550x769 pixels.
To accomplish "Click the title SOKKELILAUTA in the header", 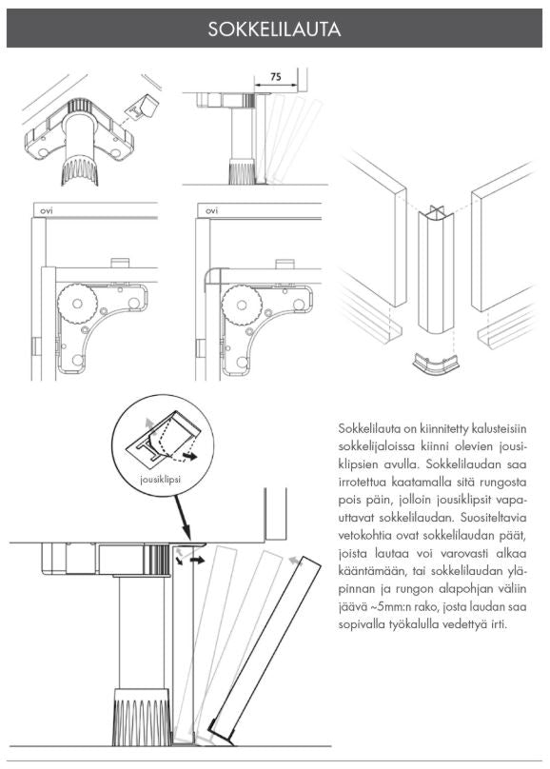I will click(274, 30).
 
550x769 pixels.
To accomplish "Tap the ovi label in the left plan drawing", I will click(42, 210).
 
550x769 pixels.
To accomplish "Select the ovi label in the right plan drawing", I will click(211, 210).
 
